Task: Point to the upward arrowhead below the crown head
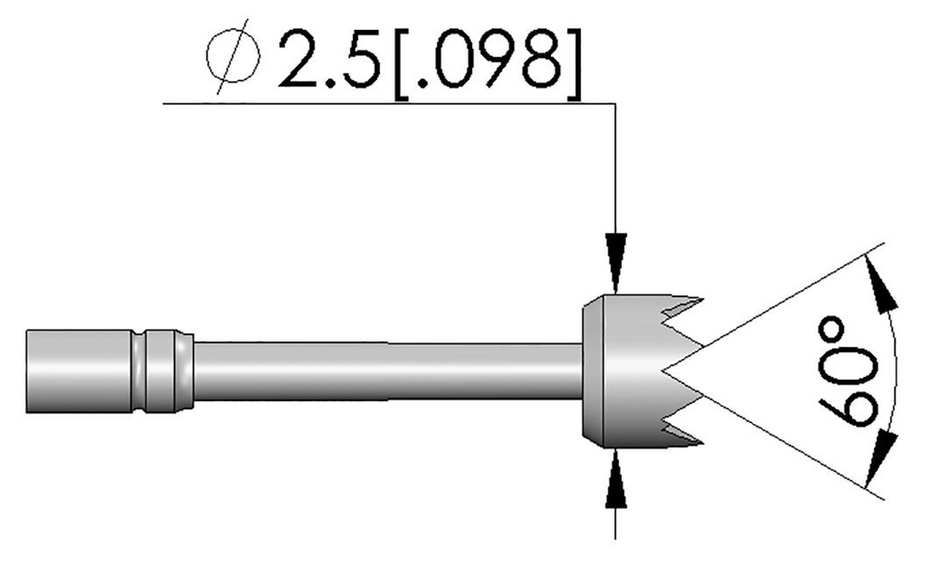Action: [x=616, y=476]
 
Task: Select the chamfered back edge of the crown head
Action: [x=588, y=371]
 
